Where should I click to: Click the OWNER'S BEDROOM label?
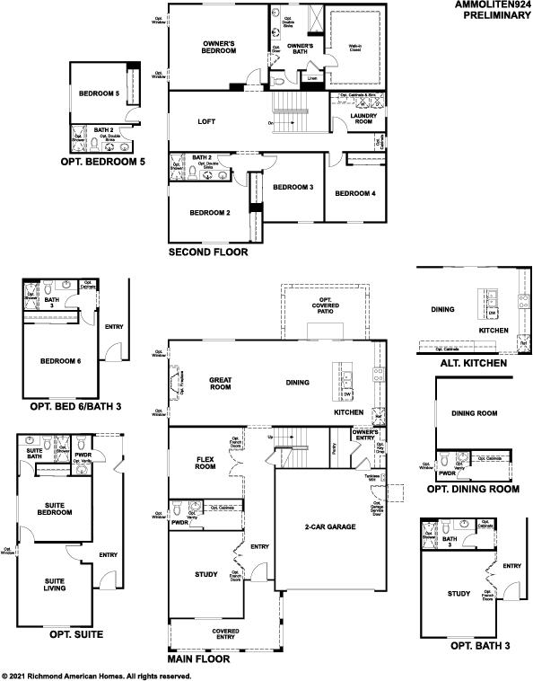click(219, 47)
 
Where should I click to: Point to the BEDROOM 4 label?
click(355, 193)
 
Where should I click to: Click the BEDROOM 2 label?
click(210, 213)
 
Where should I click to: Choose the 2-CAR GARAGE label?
click(329, 526)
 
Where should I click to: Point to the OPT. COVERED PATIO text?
click(325, 305)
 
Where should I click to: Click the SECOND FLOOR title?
click(208, 253)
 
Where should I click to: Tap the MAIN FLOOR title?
click(198, 659)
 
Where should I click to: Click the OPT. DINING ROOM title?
click(472, 489)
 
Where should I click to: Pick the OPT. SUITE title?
click(66, 634)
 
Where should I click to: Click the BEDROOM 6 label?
click(60, 362)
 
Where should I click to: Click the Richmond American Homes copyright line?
click(97, 675)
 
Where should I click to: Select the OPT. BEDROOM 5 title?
click(101, 162)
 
